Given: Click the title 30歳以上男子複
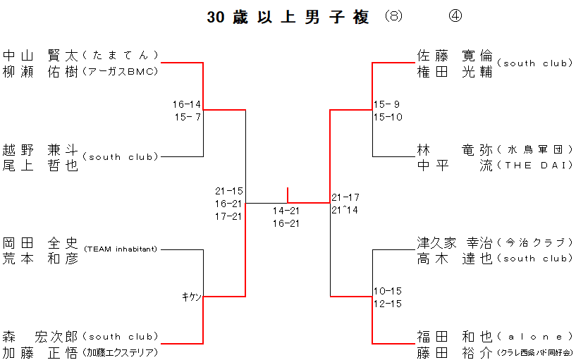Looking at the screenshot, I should (x=288, y=18).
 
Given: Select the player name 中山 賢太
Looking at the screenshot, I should (x=40, y=54).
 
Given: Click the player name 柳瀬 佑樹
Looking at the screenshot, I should (x=40, y=71).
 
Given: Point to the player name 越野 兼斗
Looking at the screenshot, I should (x=40, y=149).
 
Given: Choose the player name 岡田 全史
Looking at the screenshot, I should (x=40, y=242).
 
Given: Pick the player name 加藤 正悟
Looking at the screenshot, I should (x=40, y=352).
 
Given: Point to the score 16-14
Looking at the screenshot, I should (x=187, y=104).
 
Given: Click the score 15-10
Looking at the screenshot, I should (x=388, y=117).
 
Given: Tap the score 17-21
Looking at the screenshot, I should (x=229, y=216).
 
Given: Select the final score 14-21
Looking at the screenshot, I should (x=287, y=211).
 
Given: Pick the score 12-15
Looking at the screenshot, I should (x=388, y=304).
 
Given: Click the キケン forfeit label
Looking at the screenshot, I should (x=192, y=297).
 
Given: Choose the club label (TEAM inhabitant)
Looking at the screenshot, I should (x=121, y=249).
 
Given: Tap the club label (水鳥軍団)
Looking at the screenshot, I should (x=534, y=149).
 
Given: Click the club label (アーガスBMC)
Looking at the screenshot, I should (x=120, y=71).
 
